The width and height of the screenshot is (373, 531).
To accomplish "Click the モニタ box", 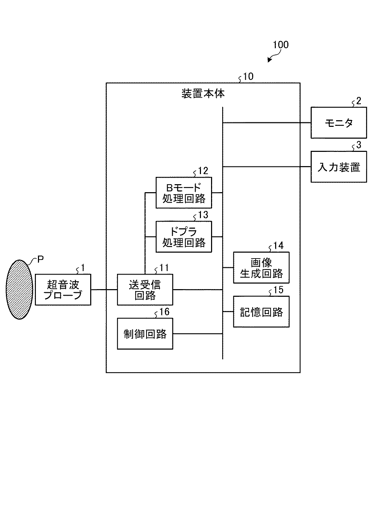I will (339, 123).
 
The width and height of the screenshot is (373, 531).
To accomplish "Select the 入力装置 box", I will (339, 167).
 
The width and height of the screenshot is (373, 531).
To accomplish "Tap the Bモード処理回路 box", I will (184, 193).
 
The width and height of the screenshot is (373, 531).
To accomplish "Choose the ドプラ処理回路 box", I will (184, 237).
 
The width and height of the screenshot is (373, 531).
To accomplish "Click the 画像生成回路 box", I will (261, 268).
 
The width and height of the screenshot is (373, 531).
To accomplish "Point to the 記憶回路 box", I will (261, 312).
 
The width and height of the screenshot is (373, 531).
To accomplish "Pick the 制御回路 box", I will (145, 334).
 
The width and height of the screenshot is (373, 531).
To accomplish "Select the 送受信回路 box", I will (145, 290).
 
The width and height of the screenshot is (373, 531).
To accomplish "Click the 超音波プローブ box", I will (63, 290).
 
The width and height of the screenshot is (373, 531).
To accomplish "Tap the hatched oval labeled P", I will (20, 290).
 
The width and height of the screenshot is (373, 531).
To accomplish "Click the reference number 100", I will (280, 45).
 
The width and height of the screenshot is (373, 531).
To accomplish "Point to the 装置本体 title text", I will (203, 94).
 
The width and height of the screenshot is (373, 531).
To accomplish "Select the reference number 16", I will (164, 312).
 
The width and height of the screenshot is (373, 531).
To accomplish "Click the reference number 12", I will (203, 171).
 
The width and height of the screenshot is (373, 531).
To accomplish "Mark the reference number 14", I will (278, 246).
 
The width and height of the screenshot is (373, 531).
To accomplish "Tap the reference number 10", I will (248, 76).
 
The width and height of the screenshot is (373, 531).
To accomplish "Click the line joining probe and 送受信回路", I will (104, 290).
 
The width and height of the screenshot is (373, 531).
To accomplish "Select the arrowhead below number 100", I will (270, 60).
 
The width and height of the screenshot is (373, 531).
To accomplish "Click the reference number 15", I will (278, 290).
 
